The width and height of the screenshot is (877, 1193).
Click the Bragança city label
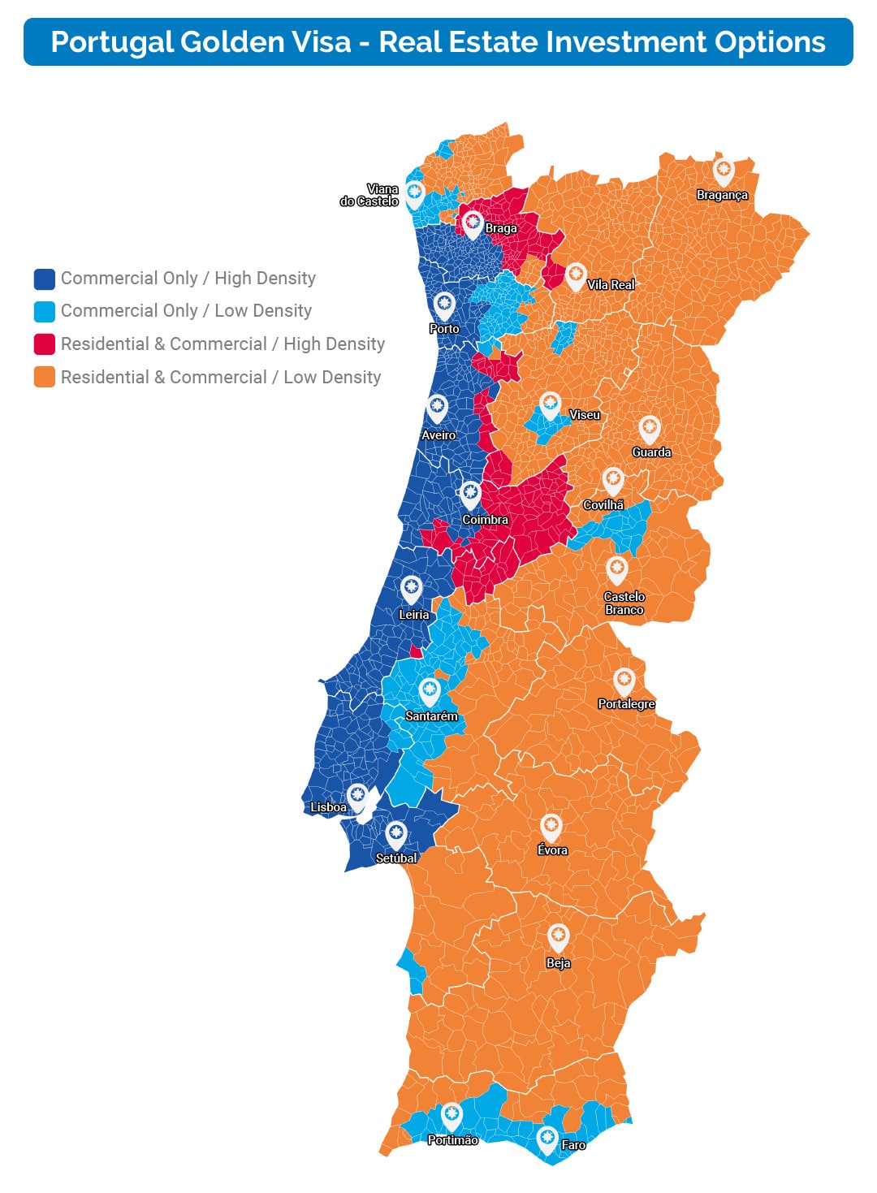(x=722, y=195)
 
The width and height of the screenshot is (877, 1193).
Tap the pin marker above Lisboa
(x=357, y=796)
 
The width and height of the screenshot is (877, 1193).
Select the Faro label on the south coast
(x=573, y=1144)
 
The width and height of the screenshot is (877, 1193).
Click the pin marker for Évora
(x=551, y=827)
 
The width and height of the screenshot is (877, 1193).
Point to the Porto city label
(x=444, y=329)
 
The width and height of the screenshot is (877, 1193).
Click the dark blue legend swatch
(x=45, y=279)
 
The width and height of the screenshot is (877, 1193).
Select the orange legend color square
(x=45, y=378)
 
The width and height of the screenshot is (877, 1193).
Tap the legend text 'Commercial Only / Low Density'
(x=186, y=311)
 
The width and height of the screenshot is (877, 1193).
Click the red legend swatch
(x=45, y=344)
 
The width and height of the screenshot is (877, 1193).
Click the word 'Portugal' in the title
(x=111, y=42)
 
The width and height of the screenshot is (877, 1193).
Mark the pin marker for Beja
(x=558, y=936)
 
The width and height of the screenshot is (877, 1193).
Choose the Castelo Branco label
(x=624, y=603)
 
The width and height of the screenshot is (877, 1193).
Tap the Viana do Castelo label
(x=369, y=196)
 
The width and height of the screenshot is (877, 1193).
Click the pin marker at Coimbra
(x=470, y=493)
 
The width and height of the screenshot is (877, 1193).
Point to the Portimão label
(x=452, y=1140)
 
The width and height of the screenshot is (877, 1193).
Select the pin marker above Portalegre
(x=624, y=681)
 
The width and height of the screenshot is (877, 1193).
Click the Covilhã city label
(x=603, y=505)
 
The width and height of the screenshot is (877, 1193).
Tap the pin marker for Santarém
(x=430, y=691)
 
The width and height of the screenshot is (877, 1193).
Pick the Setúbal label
(x=396, y=858)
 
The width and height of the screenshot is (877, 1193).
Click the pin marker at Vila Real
(x=576, y=275)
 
